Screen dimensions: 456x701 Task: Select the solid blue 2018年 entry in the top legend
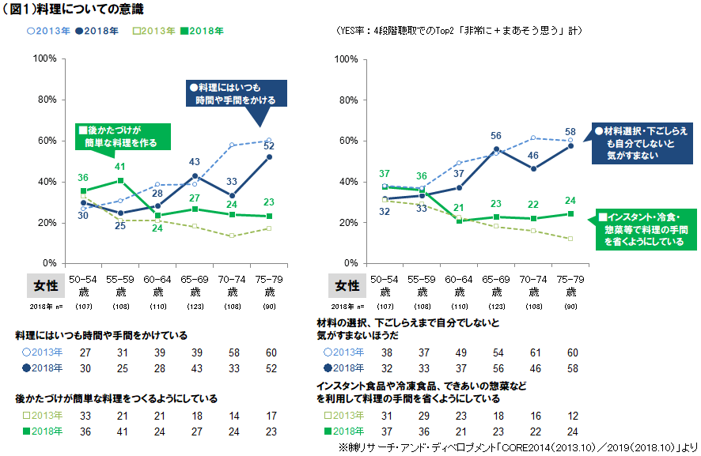(102, 32)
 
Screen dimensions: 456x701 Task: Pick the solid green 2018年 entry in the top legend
(203, 32)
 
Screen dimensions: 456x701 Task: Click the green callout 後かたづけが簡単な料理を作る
(121, 136)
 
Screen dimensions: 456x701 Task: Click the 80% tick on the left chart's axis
(44, 100)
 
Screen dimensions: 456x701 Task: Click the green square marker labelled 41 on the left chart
(119, 180)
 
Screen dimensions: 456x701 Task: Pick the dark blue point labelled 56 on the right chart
(496, 149)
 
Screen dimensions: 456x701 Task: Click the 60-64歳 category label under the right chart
(458, 286)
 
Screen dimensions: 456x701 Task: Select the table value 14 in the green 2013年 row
(233, 416)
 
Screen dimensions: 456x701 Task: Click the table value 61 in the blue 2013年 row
(534, 352)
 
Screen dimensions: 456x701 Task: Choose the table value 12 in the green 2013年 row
(572, 416)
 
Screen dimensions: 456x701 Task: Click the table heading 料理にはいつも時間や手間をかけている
(100, 335)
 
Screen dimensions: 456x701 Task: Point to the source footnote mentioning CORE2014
(519, 447)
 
